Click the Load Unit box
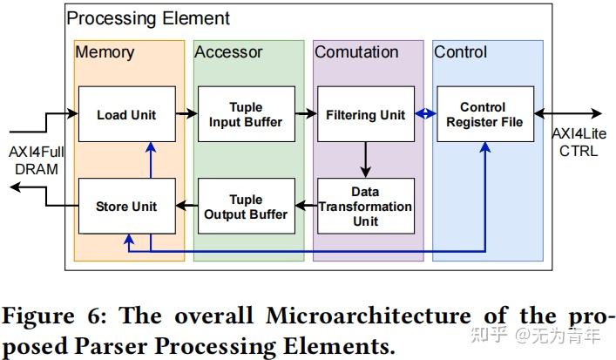pos(125,114)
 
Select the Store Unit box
pos(125,207)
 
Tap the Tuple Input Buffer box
pos(246,114)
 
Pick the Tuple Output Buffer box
pos(246,207)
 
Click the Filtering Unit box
pos(365,114)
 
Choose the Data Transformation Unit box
pos(365,207)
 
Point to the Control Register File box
pos(484,114)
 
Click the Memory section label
pos(105,52)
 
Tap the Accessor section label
pos(228,52)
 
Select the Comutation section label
pos(356,52)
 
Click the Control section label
pos(461,52)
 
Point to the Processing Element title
pos(148,17)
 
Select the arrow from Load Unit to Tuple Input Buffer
pos(186,114)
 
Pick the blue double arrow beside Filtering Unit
pos(424,114)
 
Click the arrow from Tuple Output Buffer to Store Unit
pos(186,207)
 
